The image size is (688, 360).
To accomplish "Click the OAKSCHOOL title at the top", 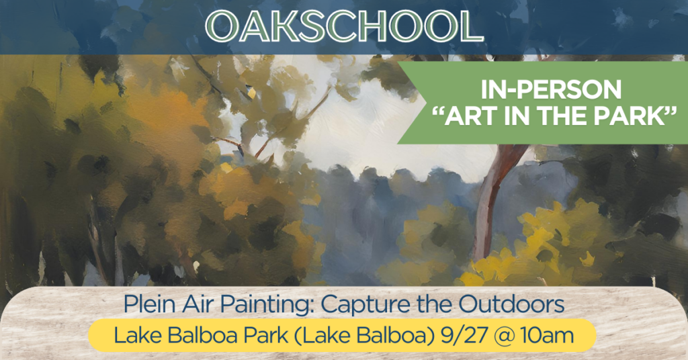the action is pos(344,26).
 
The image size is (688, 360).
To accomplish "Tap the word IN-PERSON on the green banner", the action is pos(551,90).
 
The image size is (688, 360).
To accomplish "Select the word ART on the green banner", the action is pos(468,117).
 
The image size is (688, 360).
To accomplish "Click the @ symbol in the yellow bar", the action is pos(504,336).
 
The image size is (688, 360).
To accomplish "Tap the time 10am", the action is pos(547,336).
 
